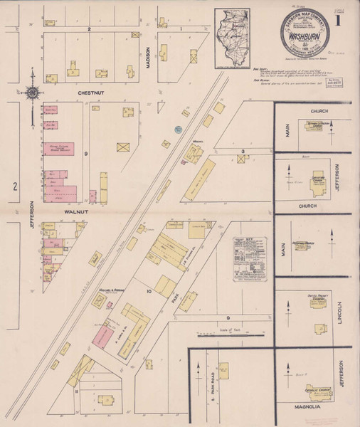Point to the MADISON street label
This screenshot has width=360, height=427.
[x=149, y=57]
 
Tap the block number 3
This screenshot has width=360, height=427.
[x=243, y=152]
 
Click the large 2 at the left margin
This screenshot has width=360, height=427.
[x=14, y=186]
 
